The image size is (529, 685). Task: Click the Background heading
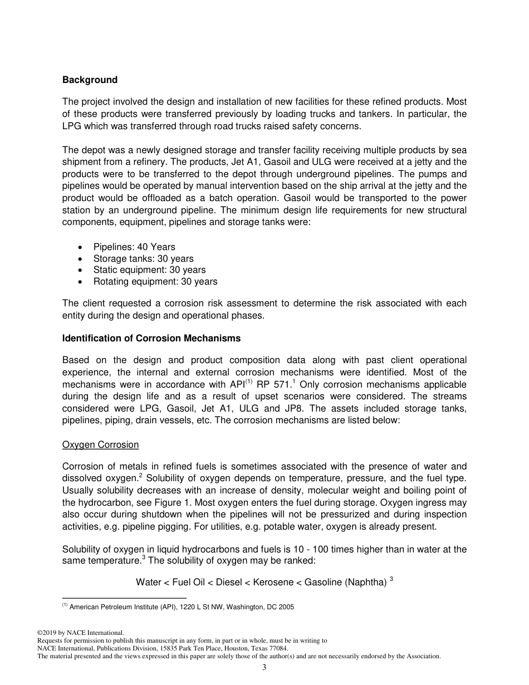[x=90, y=80]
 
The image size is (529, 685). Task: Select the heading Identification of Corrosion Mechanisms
[x=151, y=338]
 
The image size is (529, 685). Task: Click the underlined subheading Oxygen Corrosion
[x=100, y=444]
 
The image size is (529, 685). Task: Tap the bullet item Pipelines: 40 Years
[x=134, y=247]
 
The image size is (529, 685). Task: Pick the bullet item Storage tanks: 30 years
[x=143, y=258]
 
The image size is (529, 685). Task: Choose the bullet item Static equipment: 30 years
[x=149, y=270]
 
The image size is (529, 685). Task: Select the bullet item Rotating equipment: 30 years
[x=155, y=281]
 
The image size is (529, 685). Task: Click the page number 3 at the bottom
[x=264, y=668]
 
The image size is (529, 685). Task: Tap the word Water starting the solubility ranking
[x=148, y=582]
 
